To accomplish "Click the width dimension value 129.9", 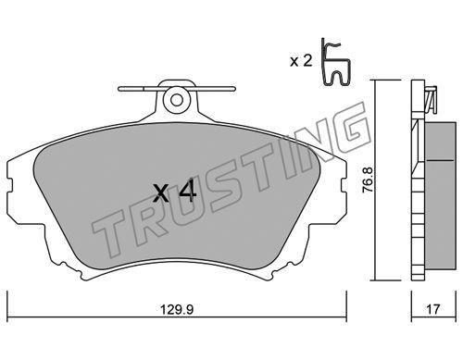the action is coord(177,309).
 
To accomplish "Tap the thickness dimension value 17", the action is coord(433,309).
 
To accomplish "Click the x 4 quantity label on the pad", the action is coord(175,192).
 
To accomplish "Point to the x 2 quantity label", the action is coord(301,61).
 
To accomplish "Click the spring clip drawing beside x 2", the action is coord(335,62).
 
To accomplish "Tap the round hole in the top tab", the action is coord(177,100).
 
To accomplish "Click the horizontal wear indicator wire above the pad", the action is coord(177,89).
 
